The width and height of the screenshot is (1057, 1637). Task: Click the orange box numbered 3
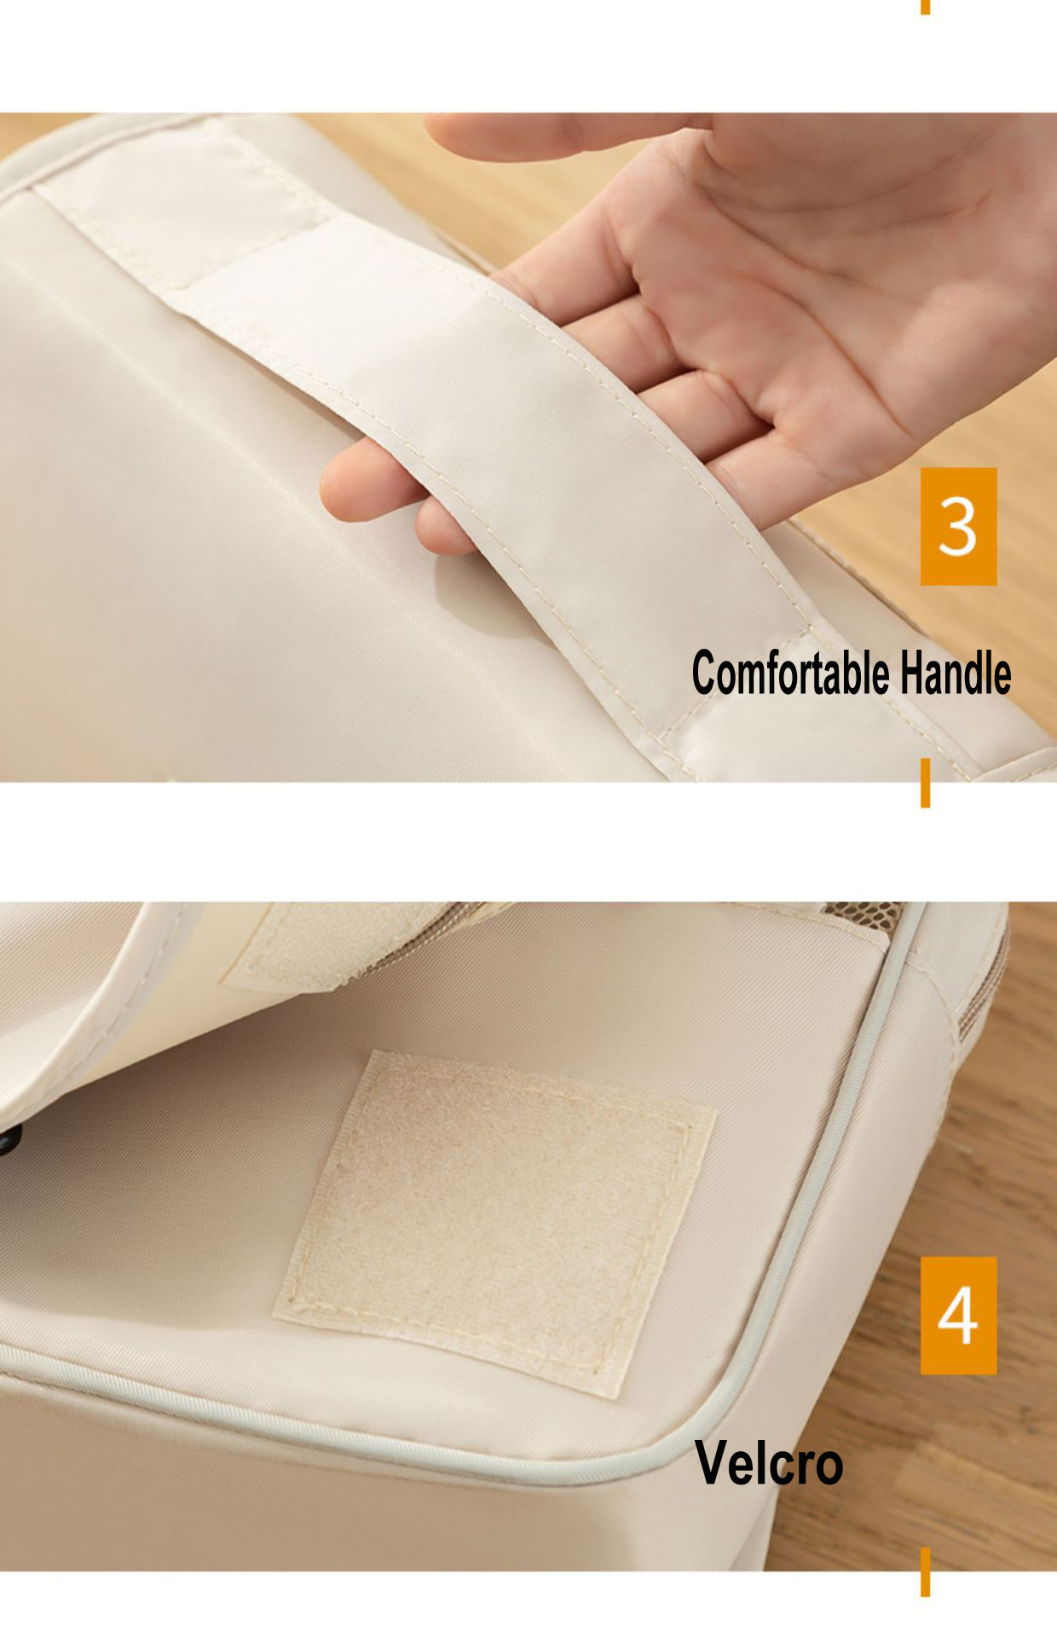[958, 526]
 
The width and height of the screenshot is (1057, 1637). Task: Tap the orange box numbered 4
[958, 1315]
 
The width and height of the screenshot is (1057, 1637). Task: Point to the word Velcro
[769, 1462]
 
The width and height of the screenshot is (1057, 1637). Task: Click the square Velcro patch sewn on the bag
[494, 1224]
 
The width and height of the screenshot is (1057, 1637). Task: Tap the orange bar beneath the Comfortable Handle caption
[925, 783]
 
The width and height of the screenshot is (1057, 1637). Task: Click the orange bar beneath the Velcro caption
[925, 1572]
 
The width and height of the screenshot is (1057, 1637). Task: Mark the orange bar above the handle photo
[925, 7]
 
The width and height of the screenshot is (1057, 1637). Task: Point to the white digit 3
[957, 526]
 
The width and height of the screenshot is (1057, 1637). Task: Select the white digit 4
[957, 1315]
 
